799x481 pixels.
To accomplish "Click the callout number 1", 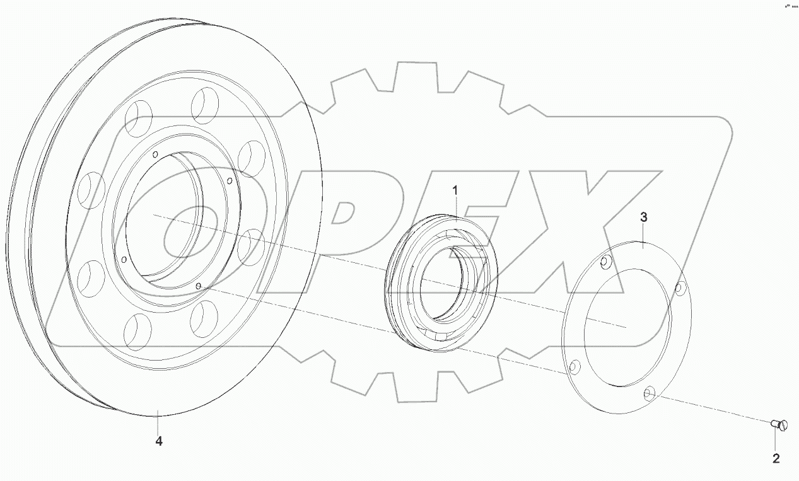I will pos(455,189).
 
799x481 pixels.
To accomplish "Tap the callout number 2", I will pos(776,458).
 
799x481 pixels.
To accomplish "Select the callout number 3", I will pos(643,217).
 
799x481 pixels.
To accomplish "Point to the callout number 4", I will pos(159,442).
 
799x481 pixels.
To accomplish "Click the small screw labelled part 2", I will pos(779,426).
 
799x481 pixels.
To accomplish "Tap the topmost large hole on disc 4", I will pos(206,105).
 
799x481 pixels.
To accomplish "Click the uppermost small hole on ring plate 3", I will pos(607,262).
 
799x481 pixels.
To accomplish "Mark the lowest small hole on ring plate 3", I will pos(649,395).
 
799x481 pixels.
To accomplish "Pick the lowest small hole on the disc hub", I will pos(199,287).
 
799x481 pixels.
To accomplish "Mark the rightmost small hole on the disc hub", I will pos(230,182).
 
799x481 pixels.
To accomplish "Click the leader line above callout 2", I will pos(776,441).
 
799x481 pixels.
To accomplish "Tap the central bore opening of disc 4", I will pos(165,214).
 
